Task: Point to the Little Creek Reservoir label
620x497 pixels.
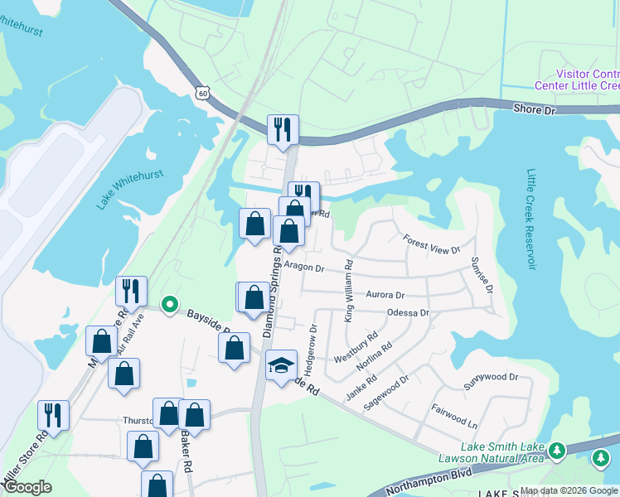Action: (x=531, y=220)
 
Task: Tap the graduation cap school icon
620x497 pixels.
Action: (x=281, y=364)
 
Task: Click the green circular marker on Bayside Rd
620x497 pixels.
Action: (x=169, y=305)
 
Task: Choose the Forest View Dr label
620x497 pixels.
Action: (x=431, y=244)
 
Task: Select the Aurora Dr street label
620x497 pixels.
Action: (x=385, y=295)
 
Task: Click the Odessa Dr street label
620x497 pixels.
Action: (x=408, y=313)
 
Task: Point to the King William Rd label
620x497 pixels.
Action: (x=349, y=291)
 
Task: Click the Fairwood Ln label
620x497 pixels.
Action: (x=454, y=415)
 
